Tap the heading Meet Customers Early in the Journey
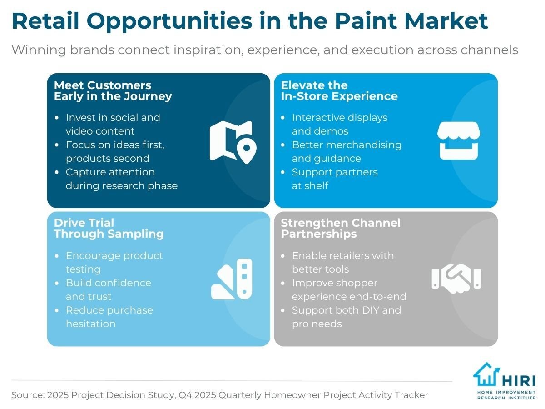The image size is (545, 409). pos(113,90)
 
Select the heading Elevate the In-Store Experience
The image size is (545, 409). pos(339,90)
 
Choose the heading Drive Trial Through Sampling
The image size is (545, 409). pos(109,228)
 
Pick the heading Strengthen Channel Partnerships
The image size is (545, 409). pos(341,228)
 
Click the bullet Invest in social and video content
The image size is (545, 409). pos(113,124)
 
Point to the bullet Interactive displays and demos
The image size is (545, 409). pos(339,124)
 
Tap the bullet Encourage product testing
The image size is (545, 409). pos(114,262)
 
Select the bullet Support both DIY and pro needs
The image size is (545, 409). pos(346,317)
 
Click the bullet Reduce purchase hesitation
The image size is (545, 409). pos(109,317)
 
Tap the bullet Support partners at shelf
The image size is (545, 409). pos(334,179)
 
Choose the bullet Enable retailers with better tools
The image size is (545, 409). pos(342,262)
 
